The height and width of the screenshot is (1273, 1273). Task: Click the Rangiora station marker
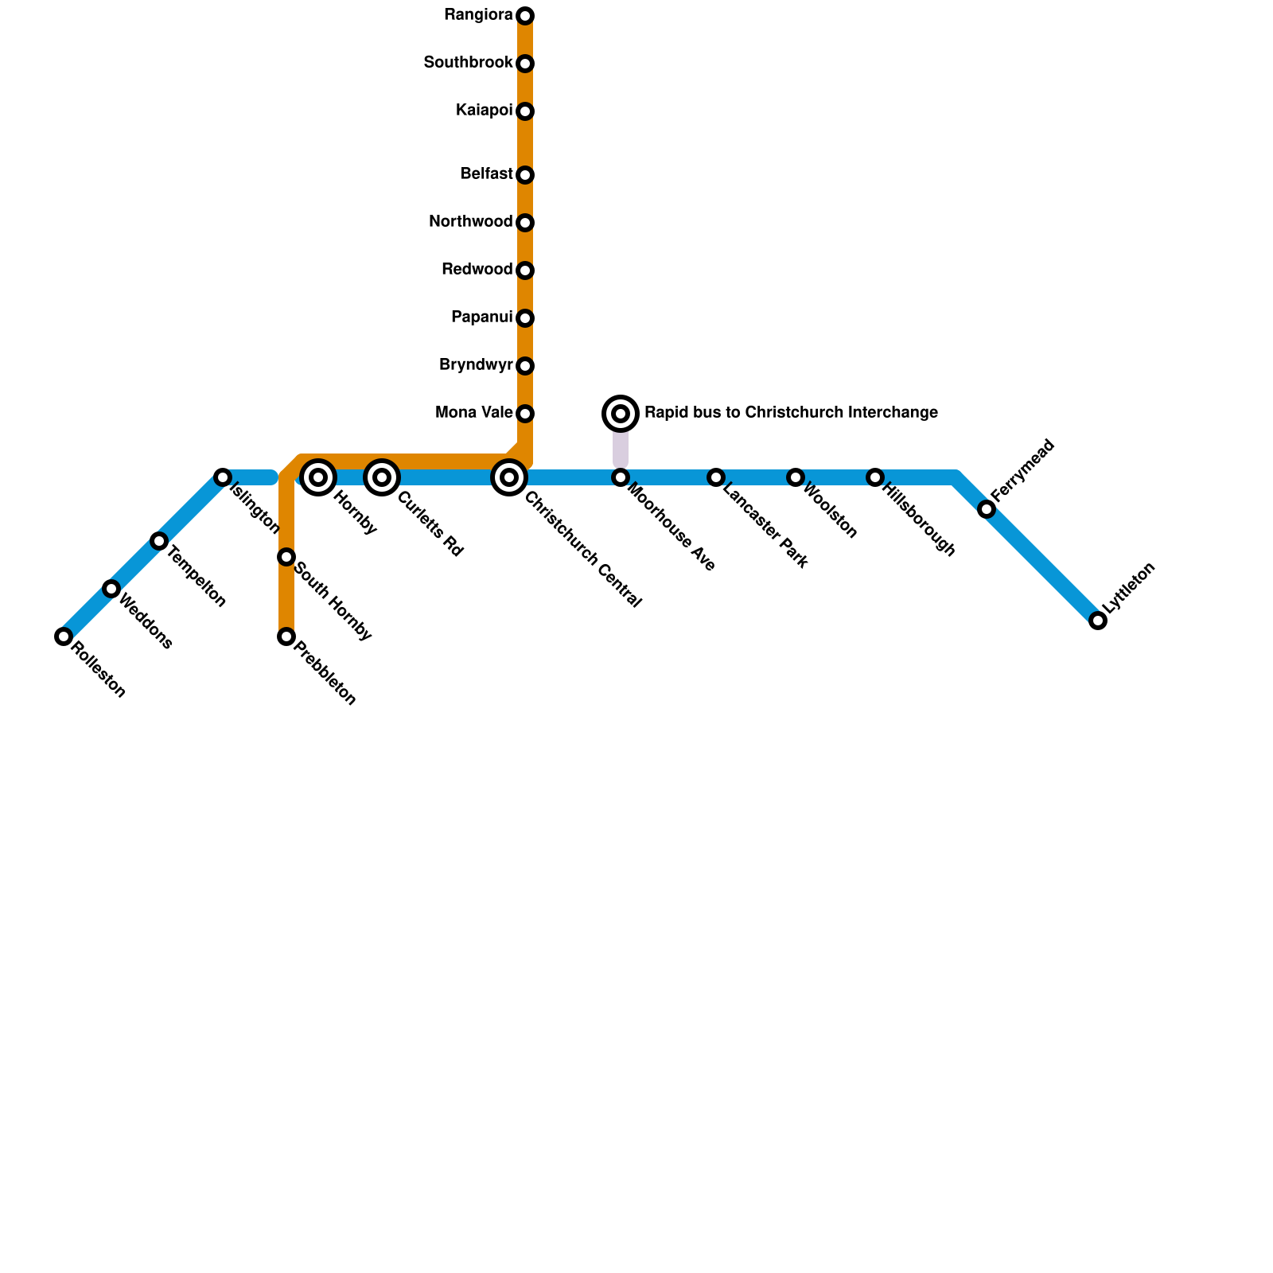(x=525, y=16)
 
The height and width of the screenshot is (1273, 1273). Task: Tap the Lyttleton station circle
(x=1098, y=621)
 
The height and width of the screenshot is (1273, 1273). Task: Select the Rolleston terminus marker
(x=64, y=636)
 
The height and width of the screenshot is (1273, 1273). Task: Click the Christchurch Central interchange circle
(x=509, y=477)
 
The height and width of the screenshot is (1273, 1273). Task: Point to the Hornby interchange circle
(x=318, y=477)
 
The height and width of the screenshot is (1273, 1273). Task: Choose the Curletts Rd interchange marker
(x=382, y=477)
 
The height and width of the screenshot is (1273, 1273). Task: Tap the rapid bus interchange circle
(x=621, y=413)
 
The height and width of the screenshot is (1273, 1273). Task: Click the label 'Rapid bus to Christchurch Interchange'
(x=791, y=413)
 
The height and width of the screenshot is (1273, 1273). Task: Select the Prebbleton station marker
(x=286, y=636)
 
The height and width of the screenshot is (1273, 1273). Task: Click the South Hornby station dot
(x=286, y=557)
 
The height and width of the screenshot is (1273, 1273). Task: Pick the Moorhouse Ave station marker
(x=621, y=477)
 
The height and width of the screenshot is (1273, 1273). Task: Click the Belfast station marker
(x=525, y=175)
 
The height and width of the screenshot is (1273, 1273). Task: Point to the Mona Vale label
(x=474, y=413)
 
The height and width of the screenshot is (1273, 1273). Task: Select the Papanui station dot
(x=525, y=318)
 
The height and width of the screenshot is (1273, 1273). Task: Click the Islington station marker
(x=223, y=477)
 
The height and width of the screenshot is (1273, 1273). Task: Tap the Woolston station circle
(x=796, y=477)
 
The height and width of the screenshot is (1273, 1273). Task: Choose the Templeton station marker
(x=159, y=541)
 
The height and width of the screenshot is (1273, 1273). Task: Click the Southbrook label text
(x=468, y=63)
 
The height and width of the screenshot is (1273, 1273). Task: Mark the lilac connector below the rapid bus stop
(x=621, y=448)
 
